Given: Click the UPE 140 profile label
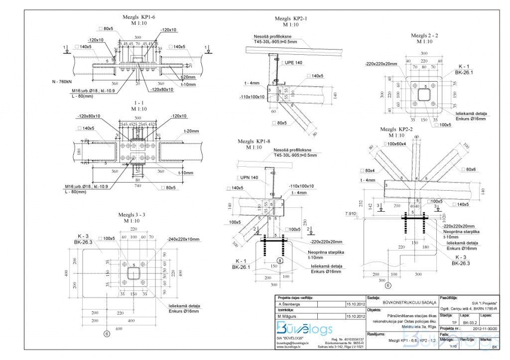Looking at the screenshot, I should click(295, 63).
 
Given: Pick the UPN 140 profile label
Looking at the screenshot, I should click(248, 177).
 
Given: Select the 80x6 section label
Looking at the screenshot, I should click(471, 169).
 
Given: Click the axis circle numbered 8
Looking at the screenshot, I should click(280, 260).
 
